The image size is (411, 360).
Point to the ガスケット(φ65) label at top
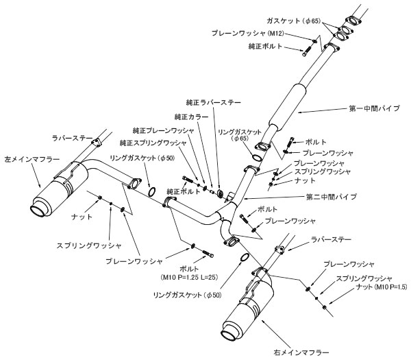[x=303, y=21]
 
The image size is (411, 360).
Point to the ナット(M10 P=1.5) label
[x=375, y=289]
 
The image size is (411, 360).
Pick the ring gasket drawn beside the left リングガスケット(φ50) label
[x=155, y=191]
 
